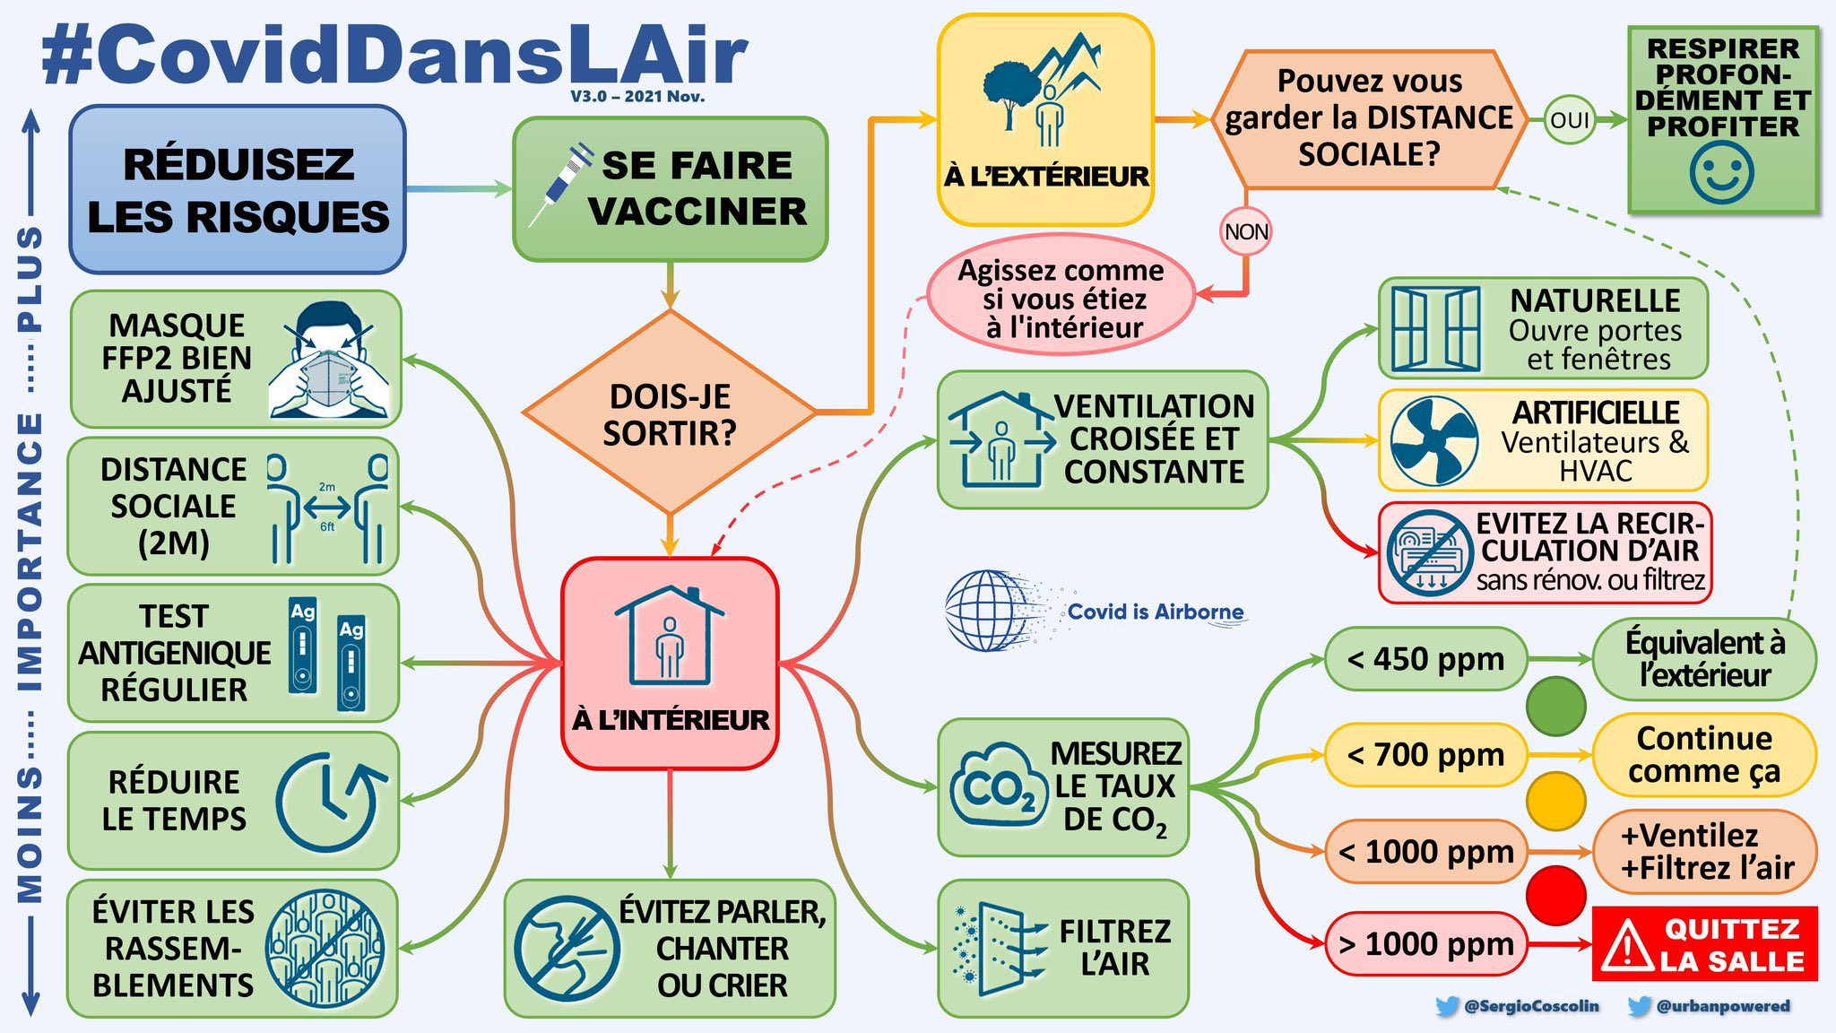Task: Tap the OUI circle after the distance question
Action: (x=1569, y=120)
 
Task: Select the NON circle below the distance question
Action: (x=1246, y=232)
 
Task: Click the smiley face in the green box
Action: (x=1721, y=172)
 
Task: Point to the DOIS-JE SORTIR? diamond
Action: (x=670, y=413)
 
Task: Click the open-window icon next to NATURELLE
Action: (x=1436, y=329)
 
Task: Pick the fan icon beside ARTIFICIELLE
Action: (x=1434, y=441)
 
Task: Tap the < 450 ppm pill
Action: (x=1425, y=659)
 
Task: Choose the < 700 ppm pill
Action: (x=1425, y=755)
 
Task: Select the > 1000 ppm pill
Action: (x=1425, y=944)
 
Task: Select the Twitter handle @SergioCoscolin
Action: (x=1530, y=1006)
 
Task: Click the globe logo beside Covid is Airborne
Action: (x=986, y=611)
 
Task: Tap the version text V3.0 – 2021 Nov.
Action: (x=637, y=96)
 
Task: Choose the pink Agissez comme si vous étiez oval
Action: (x=1061, y=299)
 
